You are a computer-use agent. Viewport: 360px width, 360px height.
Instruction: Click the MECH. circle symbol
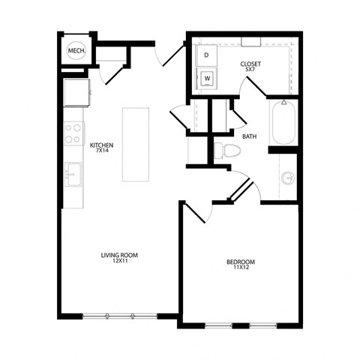pyautogui.click(x=76, y=50)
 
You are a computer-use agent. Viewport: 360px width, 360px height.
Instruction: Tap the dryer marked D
pyautogui.click(x=206, y=55)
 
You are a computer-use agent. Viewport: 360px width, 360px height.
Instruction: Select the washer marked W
pyautogui.click(x=207, y=77)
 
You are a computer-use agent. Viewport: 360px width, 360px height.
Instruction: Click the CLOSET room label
pyautogui.click(x=250, y=64)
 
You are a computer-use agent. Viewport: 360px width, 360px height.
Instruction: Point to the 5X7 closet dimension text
pyautogui.click(x=250, y=71)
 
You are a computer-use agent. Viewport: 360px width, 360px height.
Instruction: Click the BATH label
pyautogui.click(x=249, y=136)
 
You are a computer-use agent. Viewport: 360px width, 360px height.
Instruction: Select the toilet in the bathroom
pyautogui.click(x=223, y=149)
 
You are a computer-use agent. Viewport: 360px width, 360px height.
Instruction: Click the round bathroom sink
pyautogui.click(x=288, y=178)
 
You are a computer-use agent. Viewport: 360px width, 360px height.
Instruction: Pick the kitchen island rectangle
pyautogui.click(x=136, y=144)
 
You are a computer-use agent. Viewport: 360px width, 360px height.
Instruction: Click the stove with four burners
pyautogui.click(x=73, y=133)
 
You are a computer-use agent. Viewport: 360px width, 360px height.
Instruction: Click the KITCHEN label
pyautogui.click(x=101, y=144)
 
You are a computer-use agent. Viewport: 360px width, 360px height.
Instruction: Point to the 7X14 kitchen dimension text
pyautogui.click(x=101, y=151)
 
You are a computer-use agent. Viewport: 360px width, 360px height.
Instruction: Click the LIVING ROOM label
pyautogui.click(x=119, y=255)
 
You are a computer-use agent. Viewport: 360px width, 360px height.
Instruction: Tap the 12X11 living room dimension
pyautogui.click(x=119, y=262)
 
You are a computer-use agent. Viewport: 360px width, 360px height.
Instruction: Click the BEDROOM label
pyautogui.click(x=241, y=261)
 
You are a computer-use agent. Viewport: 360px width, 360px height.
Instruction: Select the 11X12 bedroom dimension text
pyautogui.click(x=241, y=268)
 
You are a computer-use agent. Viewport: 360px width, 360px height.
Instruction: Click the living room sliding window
pyautogui.click(x=120, y=316)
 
